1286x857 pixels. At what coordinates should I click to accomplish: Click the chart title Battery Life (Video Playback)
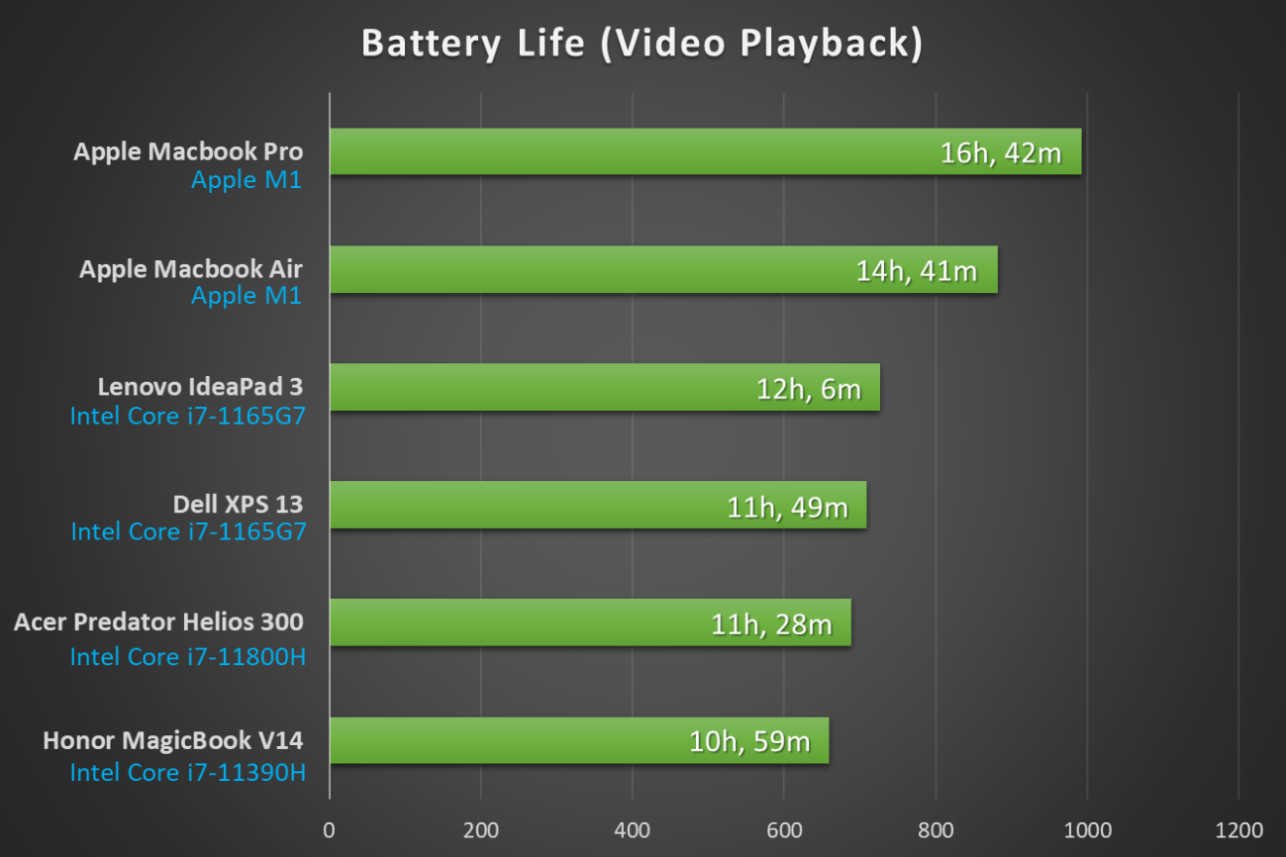tap(642, 44)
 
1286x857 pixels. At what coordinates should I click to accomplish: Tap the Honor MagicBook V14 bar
tap(515, 740)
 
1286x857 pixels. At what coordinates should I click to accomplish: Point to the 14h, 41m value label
tap(917, 270)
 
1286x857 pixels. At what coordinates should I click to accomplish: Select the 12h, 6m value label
tap(809, 388)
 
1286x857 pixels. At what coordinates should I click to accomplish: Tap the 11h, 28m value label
tap(771, 623)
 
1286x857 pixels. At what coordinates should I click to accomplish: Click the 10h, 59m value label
tap(749, 741)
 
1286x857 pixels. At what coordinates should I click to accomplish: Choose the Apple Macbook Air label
tap(191, 269)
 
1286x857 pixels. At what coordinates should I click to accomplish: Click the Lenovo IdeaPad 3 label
tap(200, 386)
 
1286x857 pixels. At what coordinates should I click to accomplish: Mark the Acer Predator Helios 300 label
tap(158, 621)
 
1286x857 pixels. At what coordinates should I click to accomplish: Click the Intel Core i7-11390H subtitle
tap(187, 772)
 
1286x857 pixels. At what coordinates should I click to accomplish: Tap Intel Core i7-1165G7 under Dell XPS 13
tap(188, 531)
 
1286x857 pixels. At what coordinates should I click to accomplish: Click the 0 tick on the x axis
tap(330, 828)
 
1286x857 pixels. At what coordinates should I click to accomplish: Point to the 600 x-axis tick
tap(783, 828)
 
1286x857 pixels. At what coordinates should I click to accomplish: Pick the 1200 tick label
tap(1238, 828)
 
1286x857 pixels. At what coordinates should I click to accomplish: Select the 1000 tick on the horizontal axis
tap(1087, 828)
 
